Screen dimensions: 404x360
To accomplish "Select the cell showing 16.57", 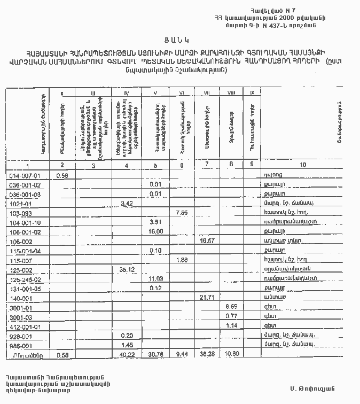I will coord(207,240).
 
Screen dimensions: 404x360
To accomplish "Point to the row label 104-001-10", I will coord(25,222).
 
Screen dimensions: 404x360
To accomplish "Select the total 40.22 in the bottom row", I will coord(127,354).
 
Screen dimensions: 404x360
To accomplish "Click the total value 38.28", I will coord(207,354).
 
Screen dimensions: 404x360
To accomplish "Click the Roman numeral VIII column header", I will coord(231,93).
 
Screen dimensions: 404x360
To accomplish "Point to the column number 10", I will coord(303,165).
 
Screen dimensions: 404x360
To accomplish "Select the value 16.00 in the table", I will coord(155,231).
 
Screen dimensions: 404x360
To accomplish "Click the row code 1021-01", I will coord(21,203).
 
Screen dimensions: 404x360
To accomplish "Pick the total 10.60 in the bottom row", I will coord(231,354).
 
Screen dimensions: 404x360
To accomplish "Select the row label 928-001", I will coord(21,336).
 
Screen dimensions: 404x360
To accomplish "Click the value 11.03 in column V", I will coord(155,278).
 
